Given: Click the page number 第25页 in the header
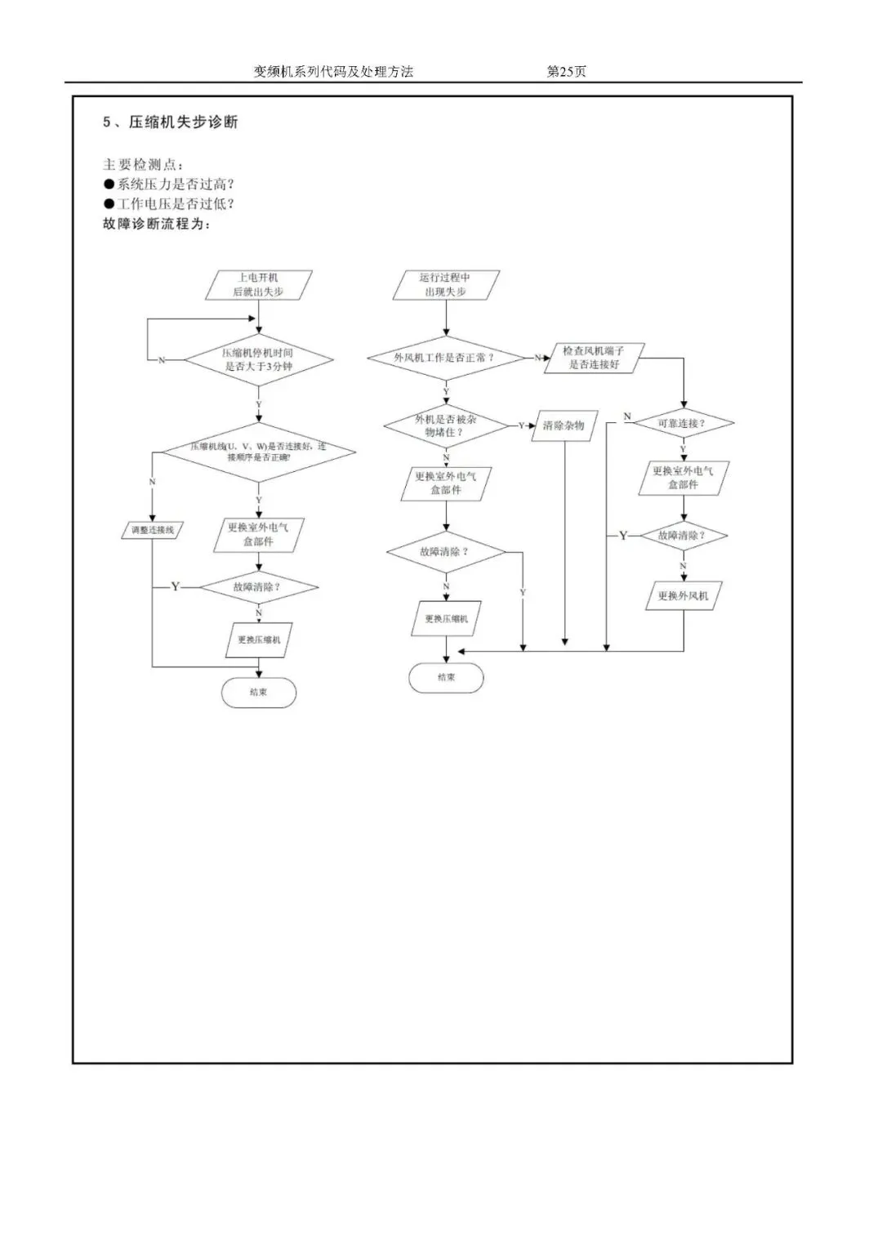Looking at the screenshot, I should (x=566, y=72).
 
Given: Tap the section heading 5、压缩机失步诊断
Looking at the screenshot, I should (x=170, y=122).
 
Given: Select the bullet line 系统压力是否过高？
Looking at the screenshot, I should (x=169, y=185).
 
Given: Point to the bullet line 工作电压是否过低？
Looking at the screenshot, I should (x=169, y=204).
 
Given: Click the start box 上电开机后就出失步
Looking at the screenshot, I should (x=258, y=285).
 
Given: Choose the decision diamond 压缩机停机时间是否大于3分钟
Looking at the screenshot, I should (x=259, y=360).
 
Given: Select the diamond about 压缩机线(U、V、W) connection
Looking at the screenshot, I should (x=259, y=452).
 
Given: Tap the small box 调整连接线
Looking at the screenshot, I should (x=153, y=530).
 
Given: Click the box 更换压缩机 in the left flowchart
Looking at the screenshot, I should (x=259, y=640).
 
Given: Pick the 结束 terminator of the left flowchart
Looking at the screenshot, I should (x=259, y=693).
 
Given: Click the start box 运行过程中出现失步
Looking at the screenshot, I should (x=446, y=285).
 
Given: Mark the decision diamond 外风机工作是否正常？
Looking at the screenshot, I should (x=446, y=358).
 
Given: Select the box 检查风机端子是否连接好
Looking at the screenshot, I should (x=595, y=358).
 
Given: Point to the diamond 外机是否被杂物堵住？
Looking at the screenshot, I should (x=446, y=425).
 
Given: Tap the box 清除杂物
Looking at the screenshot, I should (x=563, y=425).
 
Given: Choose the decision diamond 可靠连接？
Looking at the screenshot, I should (x=683, y=424).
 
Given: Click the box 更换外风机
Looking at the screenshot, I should (x=684, y=596).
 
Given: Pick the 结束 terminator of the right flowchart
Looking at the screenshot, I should (x=446, y=678).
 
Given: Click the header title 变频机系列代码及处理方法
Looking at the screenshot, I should (x=333, y=72).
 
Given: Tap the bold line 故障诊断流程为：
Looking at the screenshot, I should (x=157, y=224).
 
